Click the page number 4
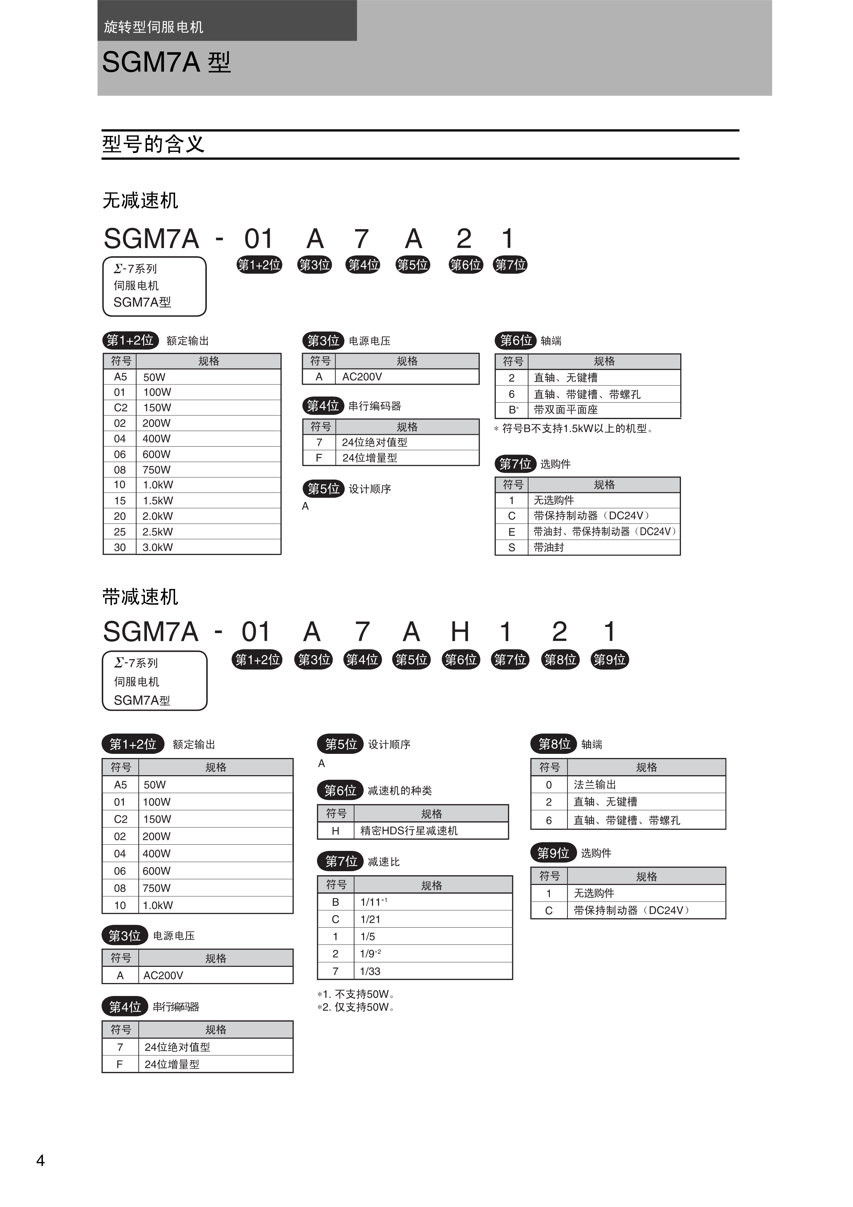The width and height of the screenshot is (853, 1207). pos(41,1160)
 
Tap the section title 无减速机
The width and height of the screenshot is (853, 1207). pos(140,200)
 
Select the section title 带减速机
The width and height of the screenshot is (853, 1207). pos(140,597)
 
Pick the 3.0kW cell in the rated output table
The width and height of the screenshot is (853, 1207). pos(158,547)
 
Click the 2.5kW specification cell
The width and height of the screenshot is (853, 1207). pos(158,532)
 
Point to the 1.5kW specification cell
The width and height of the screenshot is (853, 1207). pos(158,501)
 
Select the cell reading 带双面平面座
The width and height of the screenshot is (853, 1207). pos(566,409)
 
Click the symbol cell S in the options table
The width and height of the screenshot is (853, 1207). pos(511,547)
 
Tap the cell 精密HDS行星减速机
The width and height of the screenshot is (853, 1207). pos(409,831)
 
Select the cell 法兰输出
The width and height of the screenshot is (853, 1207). pos(595,785)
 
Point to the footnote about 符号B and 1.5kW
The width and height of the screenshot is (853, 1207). pos(574,428)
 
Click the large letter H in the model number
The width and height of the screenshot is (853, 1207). pos(460,631)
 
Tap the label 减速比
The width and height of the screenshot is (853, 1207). pos(384,862)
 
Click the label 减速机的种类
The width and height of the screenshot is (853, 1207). pos(399,791)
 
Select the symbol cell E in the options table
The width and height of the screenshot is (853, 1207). pos(511,532)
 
